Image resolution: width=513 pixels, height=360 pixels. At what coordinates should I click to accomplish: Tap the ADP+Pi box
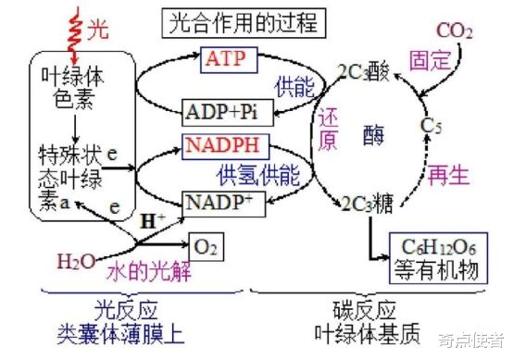[221, 113]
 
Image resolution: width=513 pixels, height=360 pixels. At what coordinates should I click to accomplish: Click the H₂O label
[75, 262]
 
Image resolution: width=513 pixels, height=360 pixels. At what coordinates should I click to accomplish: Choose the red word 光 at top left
[97, 32]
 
